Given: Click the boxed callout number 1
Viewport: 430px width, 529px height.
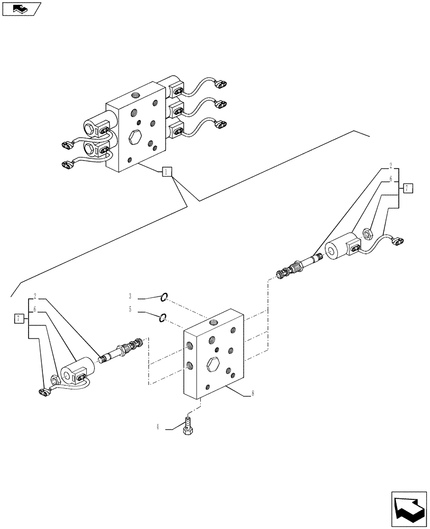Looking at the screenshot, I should point(166,171).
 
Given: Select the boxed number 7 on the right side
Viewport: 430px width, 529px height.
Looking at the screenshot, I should point(406,188).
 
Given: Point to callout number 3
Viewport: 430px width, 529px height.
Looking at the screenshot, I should point(130,296).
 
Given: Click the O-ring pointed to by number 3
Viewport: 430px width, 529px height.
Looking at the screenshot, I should point(165,298).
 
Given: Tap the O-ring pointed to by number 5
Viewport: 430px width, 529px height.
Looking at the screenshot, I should point(163,317).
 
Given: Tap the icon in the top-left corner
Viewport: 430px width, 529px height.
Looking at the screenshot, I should point(21,9).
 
